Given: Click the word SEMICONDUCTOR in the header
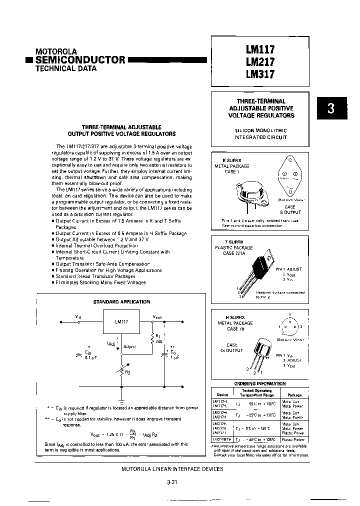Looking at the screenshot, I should coord(80,59).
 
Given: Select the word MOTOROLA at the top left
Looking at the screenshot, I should coord(56,51).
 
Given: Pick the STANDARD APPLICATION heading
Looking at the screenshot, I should coord(121,301).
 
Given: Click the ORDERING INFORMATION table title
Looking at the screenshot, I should coord(259,383).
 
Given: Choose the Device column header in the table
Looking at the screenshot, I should coord(221,393).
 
